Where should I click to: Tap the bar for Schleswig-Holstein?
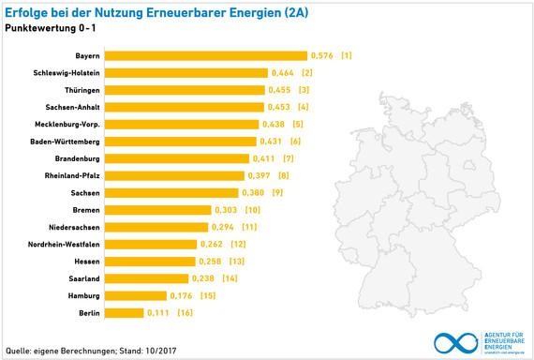(x=188, y=73)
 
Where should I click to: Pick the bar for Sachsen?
(x=173, y=192)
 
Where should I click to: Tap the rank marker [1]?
(x=347, y=56)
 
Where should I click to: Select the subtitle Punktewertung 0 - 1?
(x=50, y=28)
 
